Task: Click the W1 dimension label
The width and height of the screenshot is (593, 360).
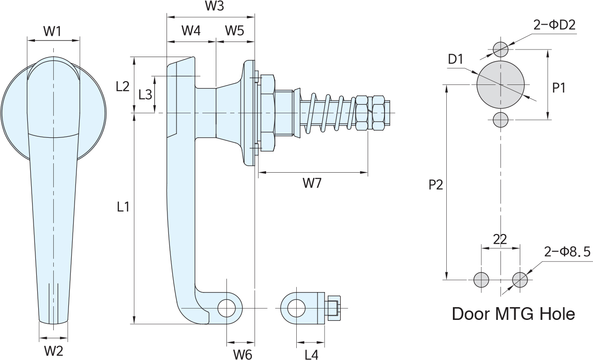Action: click(x=52, y=32)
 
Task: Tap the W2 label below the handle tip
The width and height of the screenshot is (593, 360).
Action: click(x=53, y=351)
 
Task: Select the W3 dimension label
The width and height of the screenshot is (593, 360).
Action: click(x=214, y=7)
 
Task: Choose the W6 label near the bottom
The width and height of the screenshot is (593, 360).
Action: click(x=242, y=354)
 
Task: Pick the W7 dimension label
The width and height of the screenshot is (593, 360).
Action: click(x=312, y=184)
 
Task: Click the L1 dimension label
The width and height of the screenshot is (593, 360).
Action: click(x=123, y=206)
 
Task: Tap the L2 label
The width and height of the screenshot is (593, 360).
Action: click(x=122, y=86)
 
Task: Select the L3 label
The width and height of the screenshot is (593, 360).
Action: click(x=145, y=94)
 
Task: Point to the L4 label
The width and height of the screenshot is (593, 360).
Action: click(x=311, y=354)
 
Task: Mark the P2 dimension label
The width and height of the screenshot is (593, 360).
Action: click(x=435, y=185)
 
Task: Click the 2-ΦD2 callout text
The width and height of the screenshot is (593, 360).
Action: click(x=554, y=25)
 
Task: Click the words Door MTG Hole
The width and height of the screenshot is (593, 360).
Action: click(x=513, y=314)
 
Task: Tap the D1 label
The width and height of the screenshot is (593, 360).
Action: click(x=455, y=59)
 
